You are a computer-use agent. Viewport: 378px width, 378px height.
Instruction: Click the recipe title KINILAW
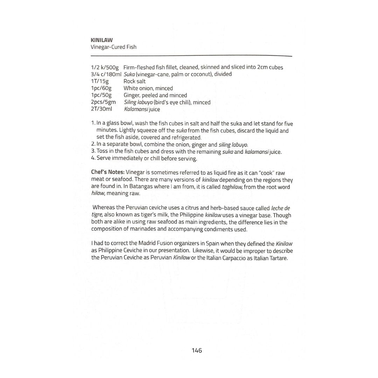(101, 40)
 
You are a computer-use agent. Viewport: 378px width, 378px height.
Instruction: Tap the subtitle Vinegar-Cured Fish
(113, 47)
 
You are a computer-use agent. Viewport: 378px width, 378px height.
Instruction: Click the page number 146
(197, 350)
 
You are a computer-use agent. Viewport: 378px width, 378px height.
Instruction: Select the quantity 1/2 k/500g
(105, 67)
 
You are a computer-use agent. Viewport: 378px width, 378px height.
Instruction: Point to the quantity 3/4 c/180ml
(106, 74)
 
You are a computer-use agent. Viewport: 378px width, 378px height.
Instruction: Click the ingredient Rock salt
(134, 81)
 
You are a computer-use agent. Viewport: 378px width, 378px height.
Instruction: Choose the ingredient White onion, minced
(148, 88)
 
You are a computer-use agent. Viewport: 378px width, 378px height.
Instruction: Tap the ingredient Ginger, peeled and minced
(155, 95)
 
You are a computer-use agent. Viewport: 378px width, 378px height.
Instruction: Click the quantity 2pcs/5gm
(103, 102)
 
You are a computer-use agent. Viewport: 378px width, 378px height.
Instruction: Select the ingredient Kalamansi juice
(142, 109)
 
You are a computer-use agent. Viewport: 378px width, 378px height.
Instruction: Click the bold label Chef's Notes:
(107, 173)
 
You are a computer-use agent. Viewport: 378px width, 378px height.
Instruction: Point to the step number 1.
(93, 124)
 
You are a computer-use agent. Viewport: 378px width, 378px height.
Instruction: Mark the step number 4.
(93, 158)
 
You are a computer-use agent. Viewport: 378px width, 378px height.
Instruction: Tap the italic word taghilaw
(232, 187)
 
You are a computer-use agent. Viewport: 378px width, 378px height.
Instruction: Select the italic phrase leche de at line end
(280, 208)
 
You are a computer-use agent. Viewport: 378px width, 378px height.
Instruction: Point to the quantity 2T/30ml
(101, 109)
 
